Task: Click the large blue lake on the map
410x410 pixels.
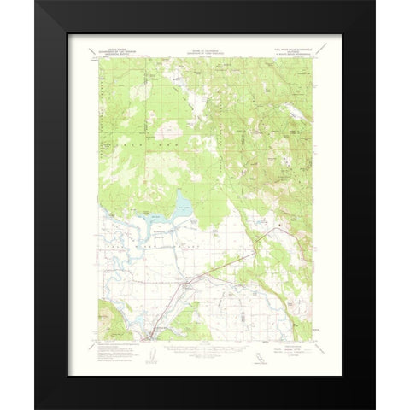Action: (182, 207)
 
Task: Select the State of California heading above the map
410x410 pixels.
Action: (204, 53)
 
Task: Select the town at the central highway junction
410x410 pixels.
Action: (189, 281)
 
